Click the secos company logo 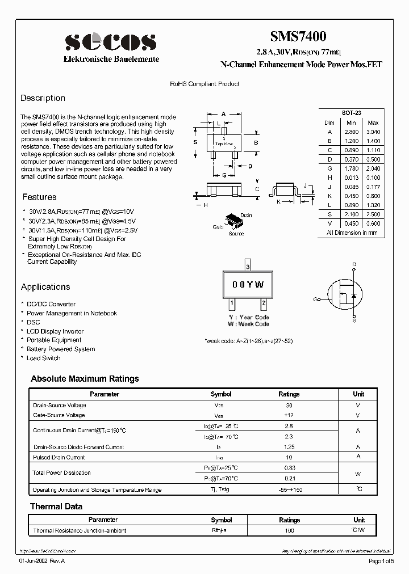tap(110, 43)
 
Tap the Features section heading tap(39, 197)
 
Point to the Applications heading tap(45, 287)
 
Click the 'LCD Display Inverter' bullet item tap(55, 331)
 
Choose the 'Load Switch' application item tap(43, 358)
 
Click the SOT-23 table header tap(352, 113)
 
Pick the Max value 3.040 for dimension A tap(373, 132)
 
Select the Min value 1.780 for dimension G tap(351, 168)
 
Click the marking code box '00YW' tap(248, 285)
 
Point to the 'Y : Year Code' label tap(249, 317)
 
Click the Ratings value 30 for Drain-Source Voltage tap(289, 405)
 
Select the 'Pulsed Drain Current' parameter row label tap(59, 457)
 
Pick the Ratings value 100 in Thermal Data tap(289, 531)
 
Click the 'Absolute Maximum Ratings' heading tap(85, 379)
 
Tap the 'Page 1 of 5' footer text tap(381, 562)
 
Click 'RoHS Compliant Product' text tap(204, 84)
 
